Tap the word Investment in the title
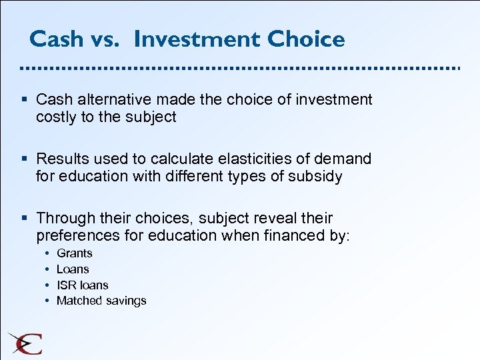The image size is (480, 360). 197,39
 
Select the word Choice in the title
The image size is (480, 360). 307,39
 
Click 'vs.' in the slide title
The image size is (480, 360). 104,40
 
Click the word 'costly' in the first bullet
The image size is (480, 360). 56,117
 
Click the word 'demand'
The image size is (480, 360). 343,159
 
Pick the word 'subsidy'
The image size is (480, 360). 317,177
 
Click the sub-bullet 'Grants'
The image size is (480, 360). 75,253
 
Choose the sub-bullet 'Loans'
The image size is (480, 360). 73,269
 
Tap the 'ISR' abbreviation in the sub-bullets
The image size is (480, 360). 67,285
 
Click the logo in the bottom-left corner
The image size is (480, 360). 25,343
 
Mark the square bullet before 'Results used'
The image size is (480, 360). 25,159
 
